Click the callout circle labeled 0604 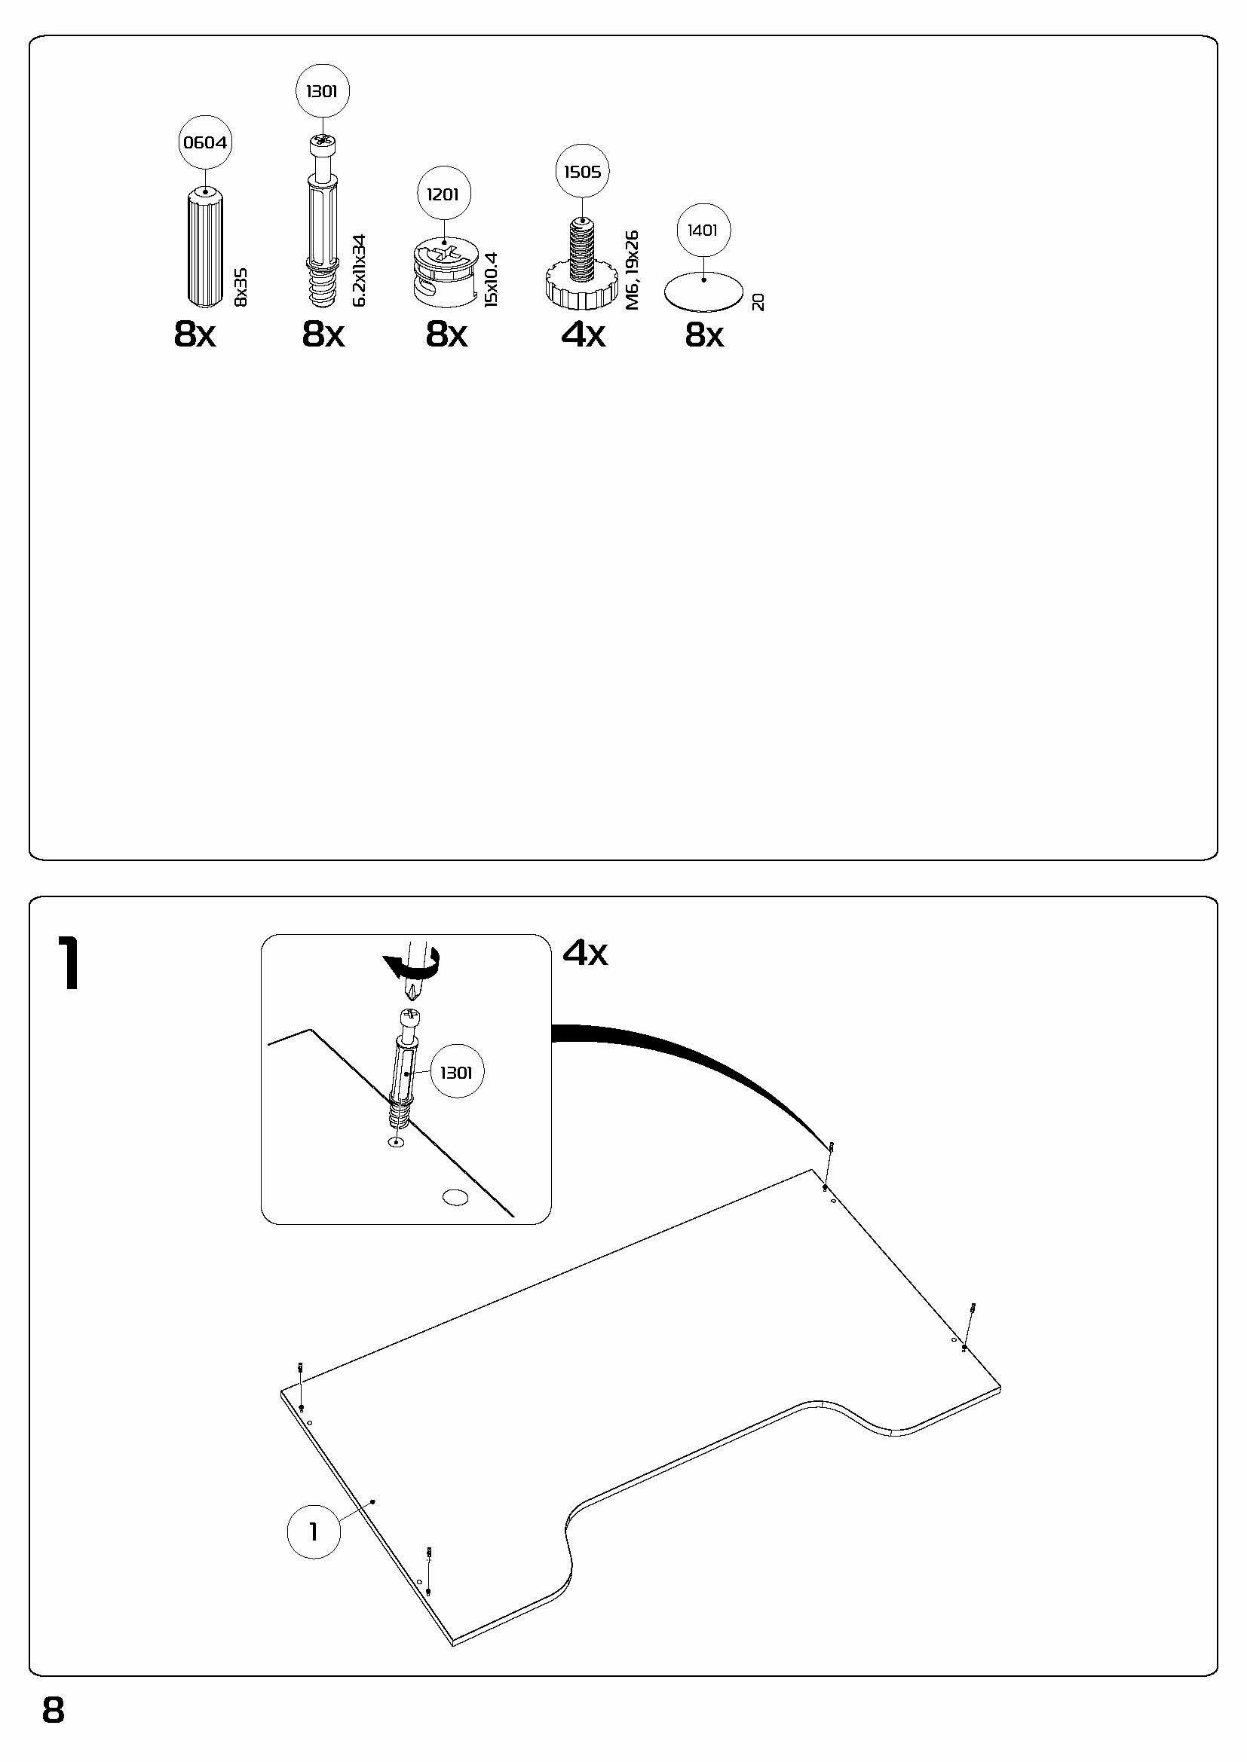tap(205, 142)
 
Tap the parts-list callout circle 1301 tap(323, 91)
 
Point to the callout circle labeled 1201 tap(445, 194)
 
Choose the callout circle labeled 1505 tap(582, 171)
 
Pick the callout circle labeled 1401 tap(703, 231)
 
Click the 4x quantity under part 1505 tap(583, 334)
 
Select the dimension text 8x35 tap(241, 288)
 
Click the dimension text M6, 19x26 tap(633, 270)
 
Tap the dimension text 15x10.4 tap(492, 279)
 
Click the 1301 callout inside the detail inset tap(456, 1072)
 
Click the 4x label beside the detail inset tap(585, 952)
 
